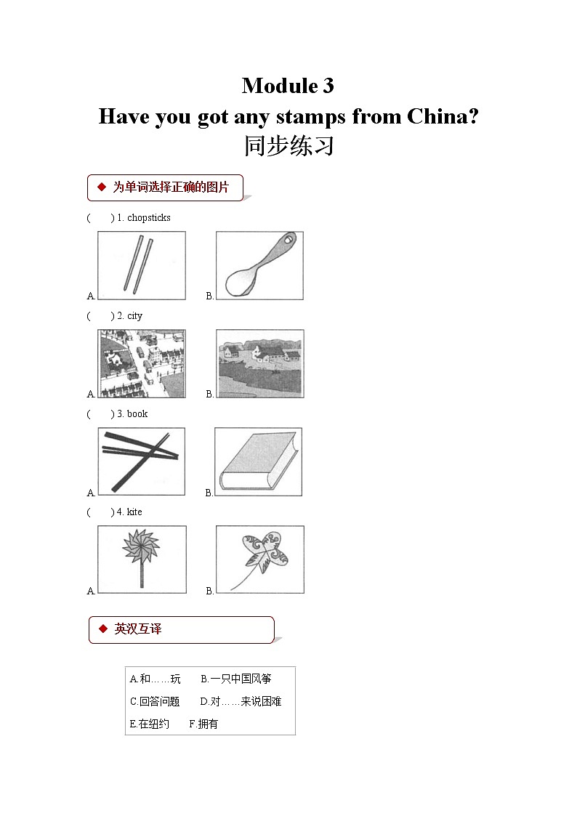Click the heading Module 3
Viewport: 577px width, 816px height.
[288, 86]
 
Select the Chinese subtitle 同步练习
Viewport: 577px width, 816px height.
[288, 146]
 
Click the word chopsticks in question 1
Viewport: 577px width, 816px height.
[149, 217]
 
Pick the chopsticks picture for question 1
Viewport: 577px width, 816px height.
[142, 265]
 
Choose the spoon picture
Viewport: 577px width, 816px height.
[259, 265]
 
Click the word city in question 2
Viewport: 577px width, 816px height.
[134, 315]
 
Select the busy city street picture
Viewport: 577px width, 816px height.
[142, 363]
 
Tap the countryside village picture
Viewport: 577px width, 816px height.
[259, 363]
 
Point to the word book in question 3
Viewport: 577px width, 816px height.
[137, 413]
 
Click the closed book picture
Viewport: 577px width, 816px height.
[258, 461]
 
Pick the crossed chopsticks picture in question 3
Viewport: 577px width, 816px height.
[141, 461]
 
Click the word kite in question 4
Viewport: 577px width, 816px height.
[134, 512]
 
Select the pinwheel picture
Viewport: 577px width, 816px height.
[142, 560]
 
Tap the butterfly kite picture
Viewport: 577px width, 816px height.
[259, 560]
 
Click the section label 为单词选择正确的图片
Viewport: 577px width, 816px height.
[170, 187]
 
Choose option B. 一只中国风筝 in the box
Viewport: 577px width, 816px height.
[235, 679]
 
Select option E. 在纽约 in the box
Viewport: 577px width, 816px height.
[149, 724]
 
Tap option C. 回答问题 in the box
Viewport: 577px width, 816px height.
[155, 701]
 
